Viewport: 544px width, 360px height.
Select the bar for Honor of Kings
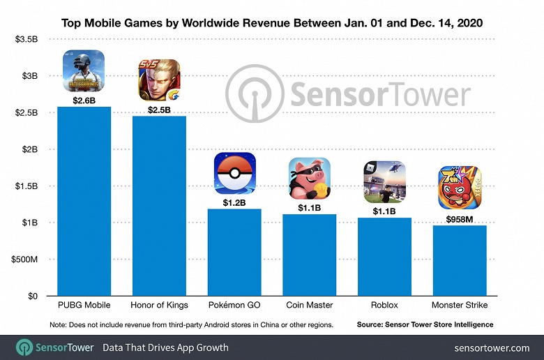coord(159,206)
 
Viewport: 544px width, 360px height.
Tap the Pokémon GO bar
coord(234,252)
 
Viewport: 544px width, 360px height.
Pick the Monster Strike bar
coord(459,260)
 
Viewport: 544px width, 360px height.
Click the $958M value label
coord(459,218)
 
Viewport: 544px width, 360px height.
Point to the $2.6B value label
coord(83,100)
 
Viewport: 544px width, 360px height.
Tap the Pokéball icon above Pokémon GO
coord(234,174)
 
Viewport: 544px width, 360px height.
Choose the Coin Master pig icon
coord(309,179)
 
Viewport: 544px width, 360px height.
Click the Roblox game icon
coord(384,182)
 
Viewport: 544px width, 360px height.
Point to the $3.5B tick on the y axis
coord(27,39)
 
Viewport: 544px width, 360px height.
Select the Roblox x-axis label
coord(384,305)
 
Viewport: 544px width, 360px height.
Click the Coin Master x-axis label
coord(309,305)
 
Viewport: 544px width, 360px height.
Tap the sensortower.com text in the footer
coord(491,347)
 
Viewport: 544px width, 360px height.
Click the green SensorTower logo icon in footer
coord(25,347)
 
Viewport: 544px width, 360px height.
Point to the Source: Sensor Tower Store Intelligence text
coord(425,324)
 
